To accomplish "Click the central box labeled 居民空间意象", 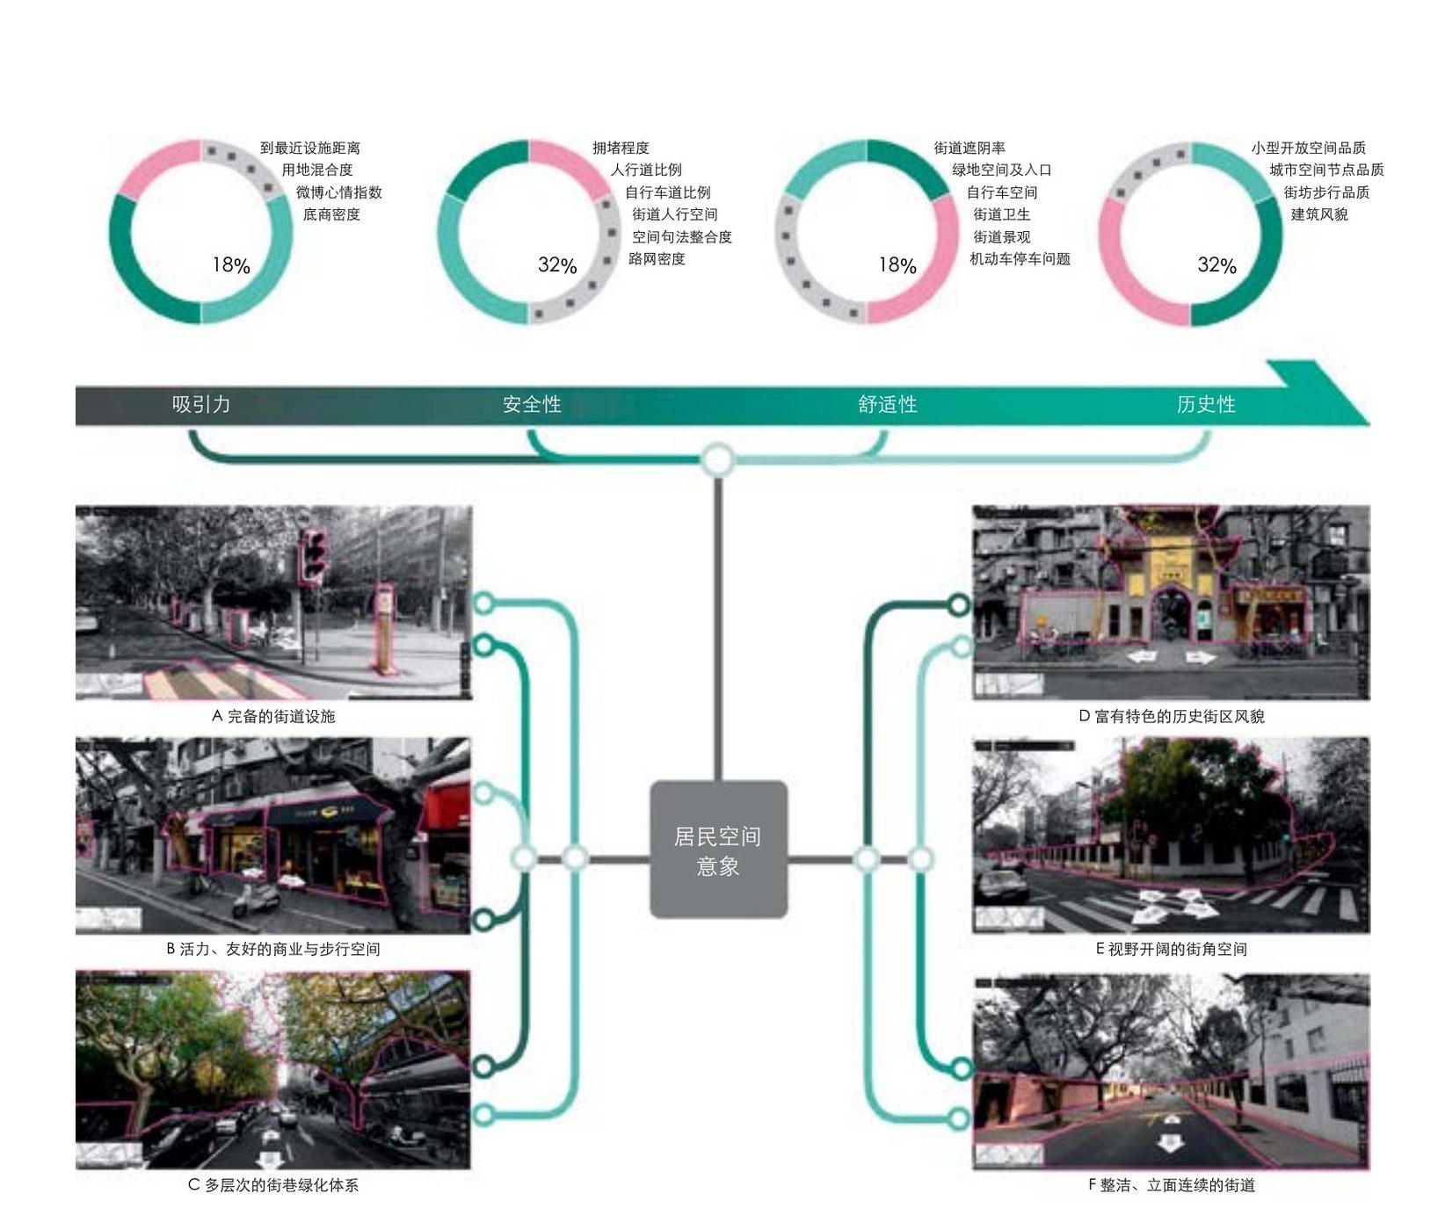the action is (x=718, y=850).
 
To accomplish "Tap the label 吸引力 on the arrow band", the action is (x=201, y=404).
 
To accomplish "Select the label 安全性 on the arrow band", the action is (x=532, y=404).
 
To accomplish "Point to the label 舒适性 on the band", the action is (x=888, y=404).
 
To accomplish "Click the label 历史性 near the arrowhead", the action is (x=1206, y=404).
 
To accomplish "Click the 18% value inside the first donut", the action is (x=231, y=265).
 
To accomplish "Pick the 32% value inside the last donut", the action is (x=1217, y=265).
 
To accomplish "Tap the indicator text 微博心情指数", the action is (x=339, y=192).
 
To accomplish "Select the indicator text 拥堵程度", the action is (x=621, y=148).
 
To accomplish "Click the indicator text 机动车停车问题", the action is (x=1020, y=259).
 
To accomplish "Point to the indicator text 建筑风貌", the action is (x=1319, y=214).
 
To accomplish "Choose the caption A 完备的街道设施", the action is (x=273, y=717).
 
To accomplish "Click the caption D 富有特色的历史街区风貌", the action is (x=1172, y=717).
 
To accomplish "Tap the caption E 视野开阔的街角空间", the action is (x=1171, y=950).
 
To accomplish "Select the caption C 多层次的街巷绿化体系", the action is (x=273, y=1186).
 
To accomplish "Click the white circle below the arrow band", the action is (x=718, y=459).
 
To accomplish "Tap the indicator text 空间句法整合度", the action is (x=682, y=237).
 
